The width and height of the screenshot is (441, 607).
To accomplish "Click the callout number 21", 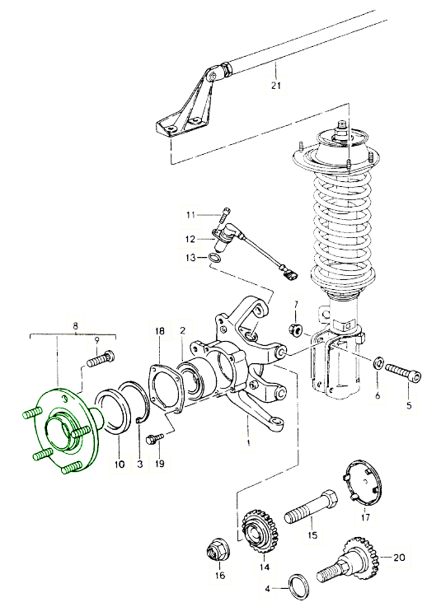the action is [x=275, y=85].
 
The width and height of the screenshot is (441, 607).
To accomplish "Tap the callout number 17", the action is [x=365, y=516].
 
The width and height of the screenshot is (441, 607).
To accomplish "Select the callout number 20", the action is [x=399, y=558].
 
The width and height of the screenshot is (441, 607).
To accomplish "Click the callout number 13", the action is [x=190, y=258].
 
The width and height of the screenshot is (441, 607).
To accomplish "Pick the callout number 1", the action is [x=248, y=441].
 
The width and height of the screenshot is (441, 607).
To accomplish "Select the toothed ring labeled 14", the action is [x=260, y=530].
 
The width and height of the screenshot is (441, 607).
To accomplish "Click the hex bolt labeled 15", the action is [x=312, y=505].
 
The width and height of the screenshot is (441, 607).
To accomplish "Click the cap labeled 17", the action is [x=363, y=482].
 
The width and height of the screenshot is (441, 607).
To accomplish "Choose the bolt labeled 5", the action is [x=403, y=373].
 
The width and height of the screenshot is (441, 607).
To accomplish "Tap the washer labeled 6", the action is [x=378, y=363].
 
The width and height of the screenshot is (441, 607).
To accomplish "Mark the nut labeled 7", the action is [x=295, y=329].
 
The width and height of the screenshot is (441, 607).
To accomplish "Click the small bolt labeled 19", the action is [x=154, y=439].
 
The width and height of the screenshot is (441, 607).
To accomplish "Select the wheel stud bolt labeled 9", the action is [x=101, y=358].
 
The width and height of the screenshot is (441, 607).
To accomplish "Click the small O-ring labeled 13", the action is [x=215, y=258].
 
